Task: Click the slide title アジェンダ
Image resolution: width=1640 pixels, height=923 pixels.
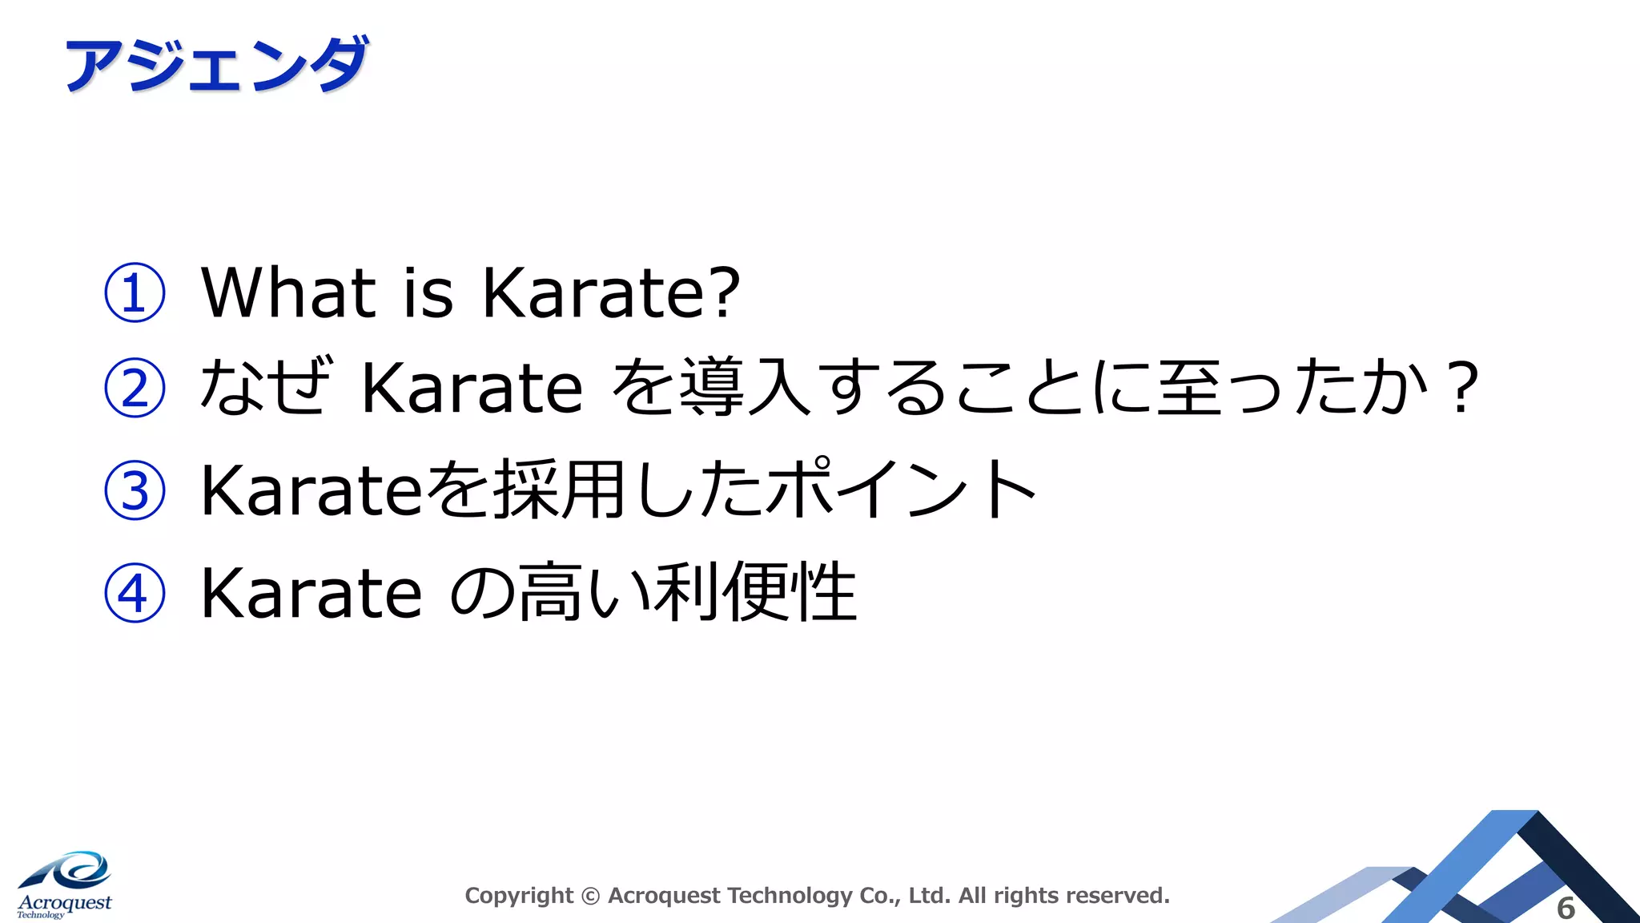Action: (216, 64)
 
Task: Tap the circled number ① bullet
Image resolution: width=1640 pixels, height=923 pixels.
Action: (135, 292)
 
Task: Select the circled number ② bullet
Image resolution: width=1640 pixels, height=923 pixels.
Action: (135, 388)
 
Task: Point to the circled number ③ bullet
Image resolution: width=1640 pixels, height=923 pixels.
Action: (135, 490)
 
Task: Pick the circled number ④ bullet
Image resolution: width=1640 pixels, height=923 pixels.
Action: (135, 593)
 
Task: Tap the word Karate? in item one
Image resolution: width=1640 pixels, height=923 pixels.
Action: (610, 292)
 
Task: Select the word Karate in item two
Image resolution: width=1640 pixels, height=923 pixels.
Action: (472, 388)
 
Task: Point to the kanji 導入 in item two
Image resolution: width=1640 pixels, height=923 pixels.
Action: (745, 388)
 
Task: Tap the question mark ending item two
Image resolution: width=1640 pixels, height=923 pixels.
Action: (1462, 388)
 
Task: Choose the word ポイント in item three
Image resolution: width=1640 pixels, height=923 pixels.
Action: (901, 489)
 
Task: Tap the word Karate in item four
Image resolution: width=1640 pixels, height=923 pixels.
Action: (311, 593)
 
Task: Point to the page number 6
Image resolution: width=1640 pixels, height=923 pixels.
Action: (1566, 908)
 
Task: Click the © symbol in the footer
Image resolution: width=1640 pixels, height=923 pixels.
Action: (590, 896)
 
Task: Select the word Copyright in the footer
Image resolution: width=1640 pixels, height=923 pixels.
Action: (519, 896)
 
